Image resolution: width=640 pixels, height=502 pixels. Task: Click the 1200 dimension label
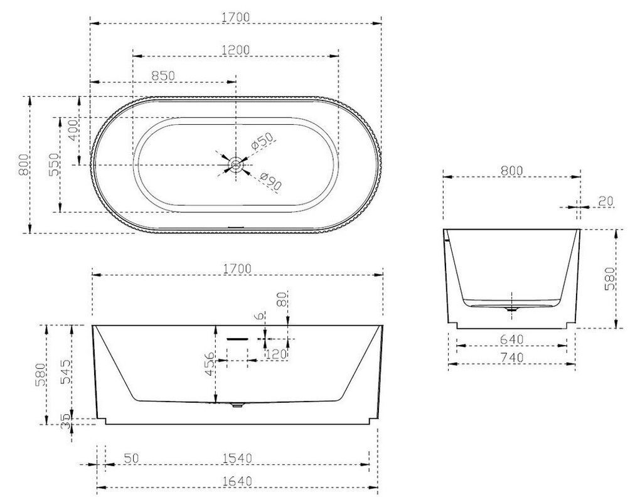pos(235,50)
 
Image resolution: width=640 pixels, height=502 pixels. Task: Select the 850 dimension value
pos(163,75)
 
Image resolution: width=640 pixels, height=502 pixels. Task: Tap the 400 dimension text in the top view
pos(74,130)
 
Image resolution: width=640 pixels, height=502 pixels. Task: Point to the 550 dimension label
pos(55,165)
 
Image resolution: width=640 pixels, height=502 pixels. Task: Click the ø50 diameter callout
pos(262,142)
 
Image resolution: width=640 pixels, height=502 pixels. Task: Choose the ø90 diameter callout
pos(270,182)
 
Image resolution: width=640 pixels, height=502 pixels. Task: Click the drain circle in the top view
pos(236,165)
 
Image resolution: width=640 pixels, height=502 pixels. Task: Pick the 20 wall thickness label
pos(606,201)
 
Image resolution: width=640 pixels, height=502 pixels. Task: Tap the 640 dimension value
pos(511,339)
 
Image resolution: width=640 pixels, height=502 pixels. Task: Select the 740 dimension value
pos(511,358)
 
